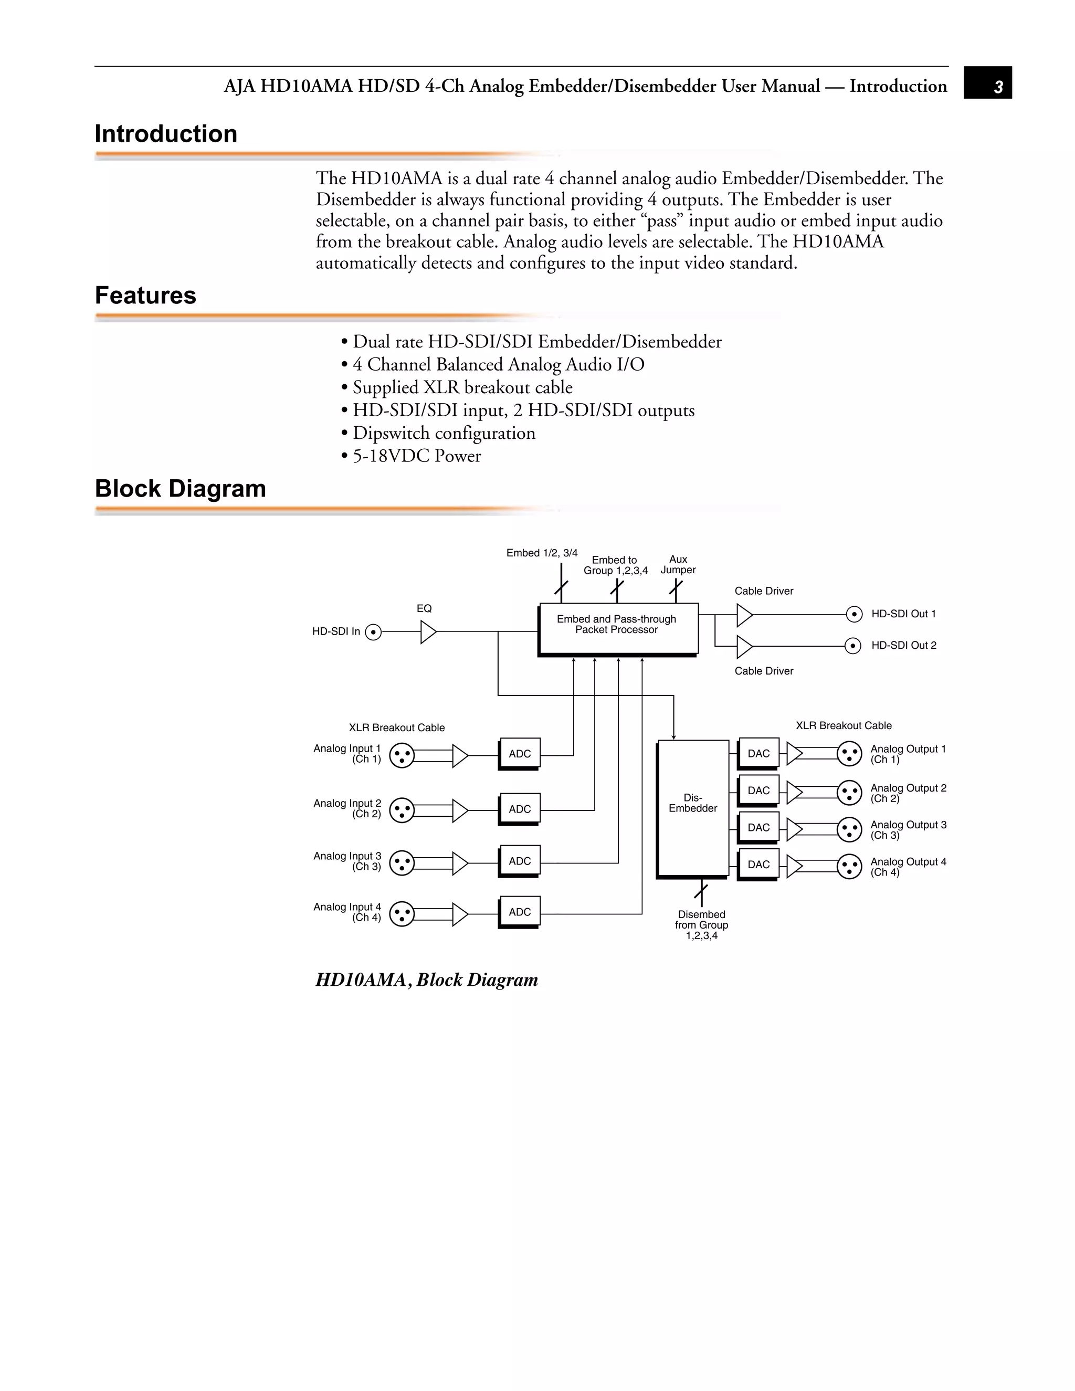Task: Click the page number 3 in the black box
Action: click(x=998, y=87)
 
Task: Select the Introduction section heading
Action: click(x=165, y=134)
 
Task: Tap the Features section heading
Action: click(x=145, y=296)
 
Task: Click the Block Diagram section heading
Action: click(x=180, y=489)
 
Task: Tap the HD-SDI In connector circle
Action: click(x=374, y=632)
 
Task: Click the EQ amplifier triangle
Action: click(x=428, y=632)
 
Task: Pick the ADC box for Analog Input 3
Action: click(x=519, y=861)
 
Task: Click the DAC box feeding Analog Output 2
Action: click(x=758, y=791)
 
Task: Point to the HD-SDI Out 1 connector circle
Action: click(x=853, y=614)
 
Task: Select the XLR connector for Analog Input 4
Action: click(x=401, y=914)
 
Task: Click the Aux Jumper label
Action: click(x=678, y=565)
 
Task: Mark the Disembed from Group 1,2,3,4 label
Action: click(x=701, y=925)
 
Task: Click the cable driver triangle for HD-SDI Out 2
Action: click(x=744, y=646)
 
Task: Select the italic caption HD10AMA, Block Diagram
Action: click(x=427, y=979)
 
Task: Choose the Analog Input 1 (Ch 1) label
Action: click(x=347, y=753)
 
